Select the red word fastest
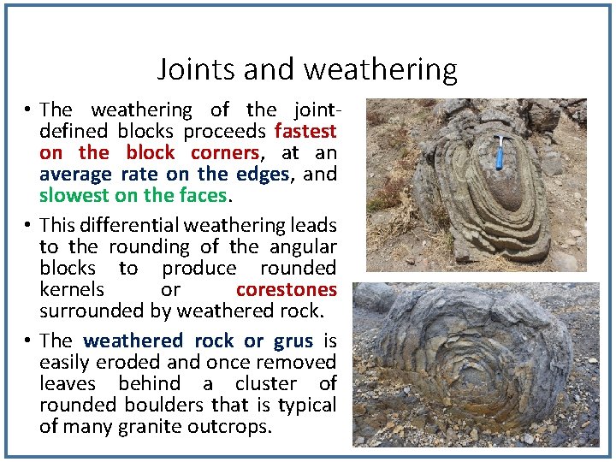(305, 132)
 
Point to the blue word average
(74, 175)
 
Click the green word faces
(203, 195)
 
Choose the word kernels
(72, 290)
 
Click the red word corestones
(286, 290)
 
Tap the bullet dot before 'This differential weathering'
(28, 226)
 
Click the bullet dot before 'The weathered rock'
(28, 341)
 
